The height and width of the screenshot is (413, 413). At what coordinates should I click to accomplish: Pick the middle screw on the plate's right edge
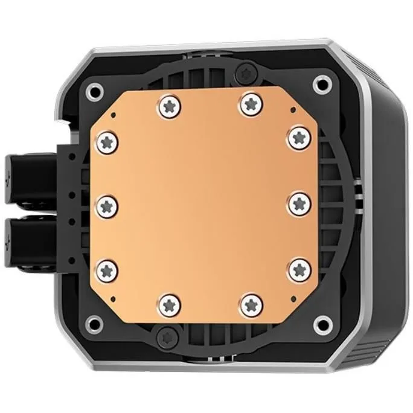[x=299, y=204]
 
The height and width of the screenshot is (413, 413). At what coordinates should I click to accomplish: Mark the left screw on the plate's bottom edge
[x=169, y=303]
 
